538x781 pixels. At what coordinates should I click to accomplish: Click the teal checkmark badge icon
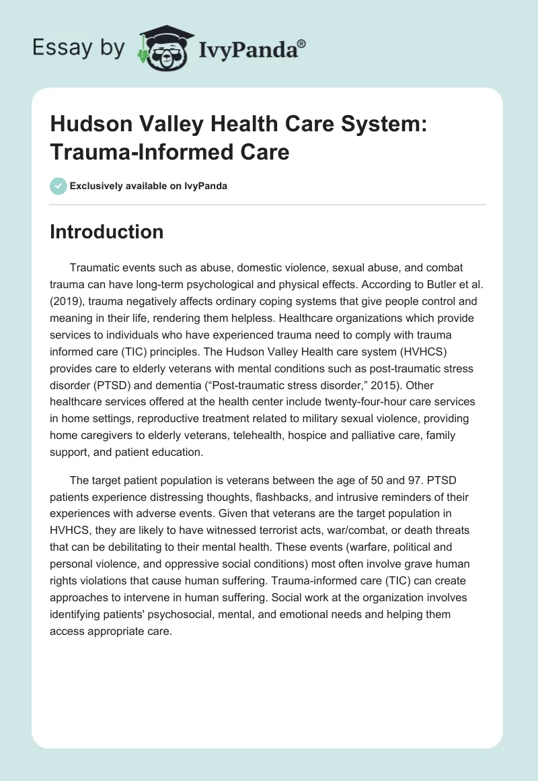(x=58, y=186)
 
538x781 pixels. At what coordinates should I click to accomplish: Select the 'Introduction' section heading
(x=107, y=232)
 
